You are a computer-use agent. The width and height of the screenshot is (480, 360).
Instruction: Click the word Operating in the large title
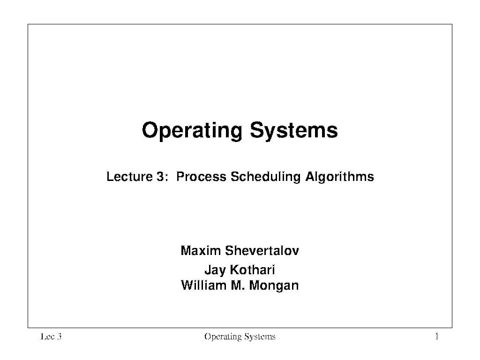tap(192, 131)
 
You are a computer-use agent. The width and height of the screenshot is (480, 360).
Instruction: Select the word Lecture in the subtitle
tap(129, 177)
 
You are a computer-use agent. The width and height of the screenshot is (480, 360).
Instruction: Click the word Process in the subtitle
tap(201, 177)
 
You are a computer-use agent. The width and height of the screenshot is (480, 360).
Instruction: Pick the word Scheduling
tap(266, 177)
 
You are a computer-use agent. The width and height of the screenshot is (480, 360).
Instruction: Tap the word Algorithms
tap(340, 177)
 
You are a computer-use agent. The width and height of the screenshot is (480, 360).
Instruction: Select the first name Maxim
tap(201, 251)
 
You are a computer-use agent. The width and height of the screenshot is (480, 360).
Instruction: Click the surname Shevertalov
tap(262, 251)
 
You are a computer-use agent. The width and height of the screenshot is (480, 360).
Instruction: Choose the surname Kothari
tap(253, 270)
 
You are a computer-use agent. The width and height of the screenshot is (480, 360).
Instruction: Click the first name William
tap(203, 285)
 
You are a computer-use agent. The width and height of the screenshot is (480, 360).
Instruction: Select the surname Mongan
tap(274, 286)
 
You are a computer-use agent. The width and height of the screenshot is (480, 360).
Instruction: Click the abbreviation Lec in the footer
tap(46, 337)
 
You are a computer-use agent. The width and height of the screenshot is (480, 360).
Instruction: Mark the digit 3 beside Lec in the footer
tap(59, 337)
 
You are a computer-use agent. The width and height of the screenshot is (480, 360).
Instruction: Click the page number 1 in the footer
tap(437, 337)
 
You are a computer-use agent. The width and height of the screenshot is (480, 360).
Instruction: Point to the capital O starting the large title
tap(150, 130)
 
